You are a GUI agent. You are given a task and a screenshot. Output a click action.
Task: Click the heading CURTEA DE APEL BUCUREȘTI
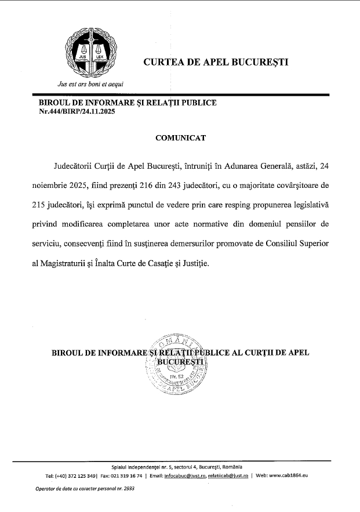[216, 62]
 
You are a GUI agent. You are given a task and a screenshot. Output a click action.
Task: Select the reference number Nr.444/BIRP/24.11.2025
[77, 111]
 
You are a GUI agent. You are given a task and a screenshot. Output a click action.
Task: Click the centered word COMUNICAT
[180, 138]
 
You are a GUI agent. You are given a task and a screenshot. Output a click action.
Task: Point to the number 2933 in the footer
[127, 489]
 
